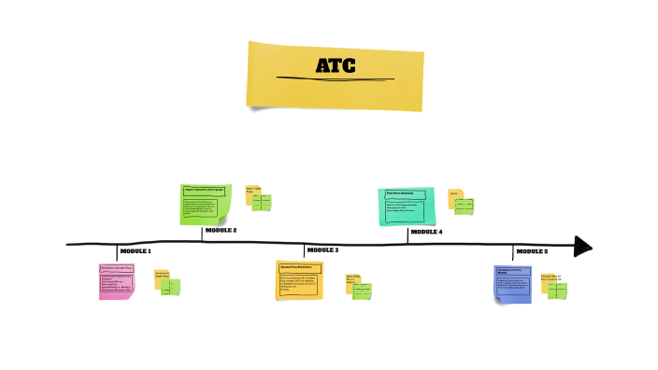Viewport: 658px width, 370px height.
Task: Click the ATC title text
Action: tap(335, 66)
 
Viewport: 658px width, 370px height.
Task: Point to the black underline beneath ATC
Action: tap(335, 78)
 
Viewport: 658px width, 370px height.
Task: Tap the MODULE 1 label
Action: tap(136, 251)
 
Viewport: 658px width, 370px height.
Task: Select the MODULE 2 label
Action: tap(221, 230)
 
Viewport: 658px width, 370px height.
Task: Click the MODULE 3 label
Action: tap(322, 250)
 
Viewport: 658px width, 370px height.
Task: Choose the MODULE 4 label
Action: tap(426, 232)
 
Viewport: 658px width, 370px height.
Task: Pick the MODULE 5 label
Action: tap(532, 251)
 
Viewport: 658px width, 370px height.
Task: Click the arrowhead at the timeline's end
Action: tap(582, 247)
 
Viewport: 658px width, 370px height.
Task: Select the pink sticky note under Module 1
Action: tap(117, 281)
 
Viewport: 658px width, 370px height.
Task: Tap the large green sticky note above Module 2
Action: tap(205, 205)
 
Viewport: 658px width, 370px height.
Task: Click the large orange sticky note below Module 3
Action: tap(299, 280)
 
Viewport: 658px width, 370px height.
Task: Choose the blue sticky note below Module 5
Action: tap(512, 283)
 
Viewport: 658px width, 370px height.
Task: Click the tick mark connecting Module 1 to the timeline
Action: tap(117, 252)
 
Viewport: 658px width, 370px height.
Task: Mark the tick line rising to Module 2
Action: tap(202, 234)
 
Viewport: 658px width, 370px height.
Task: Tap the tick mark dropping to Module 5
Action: tap(512, 253)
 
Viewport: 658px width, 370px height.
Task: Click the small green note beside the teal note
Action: tap(464, 206)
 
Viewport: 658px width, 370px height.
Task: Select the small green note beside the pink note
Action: tap(170, 286)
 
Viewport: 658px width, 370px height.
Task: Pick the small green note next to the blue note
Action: tap(557, 290)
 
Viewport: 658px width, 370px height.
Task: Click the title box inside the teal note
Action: tap(405, 194)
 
